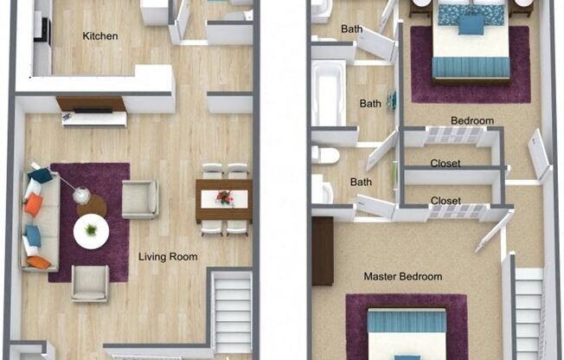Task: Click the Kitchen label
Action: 99,36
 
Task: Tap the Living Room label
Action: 168,257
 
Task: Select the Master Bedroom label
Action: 402,277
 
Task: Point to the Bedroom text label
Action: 471,120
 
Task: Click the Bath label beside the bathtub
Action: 370,104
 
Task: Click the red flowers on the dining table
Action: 224,198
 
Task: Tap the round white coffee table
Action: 91,231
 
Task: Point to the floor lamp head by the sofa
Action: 80,196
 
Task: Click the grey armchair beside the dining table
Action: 139,199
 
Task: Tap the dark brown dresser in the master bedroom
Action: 322,251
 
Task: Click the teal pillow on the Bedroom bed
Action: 471,24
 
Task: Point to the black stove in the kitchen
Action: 40,27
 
